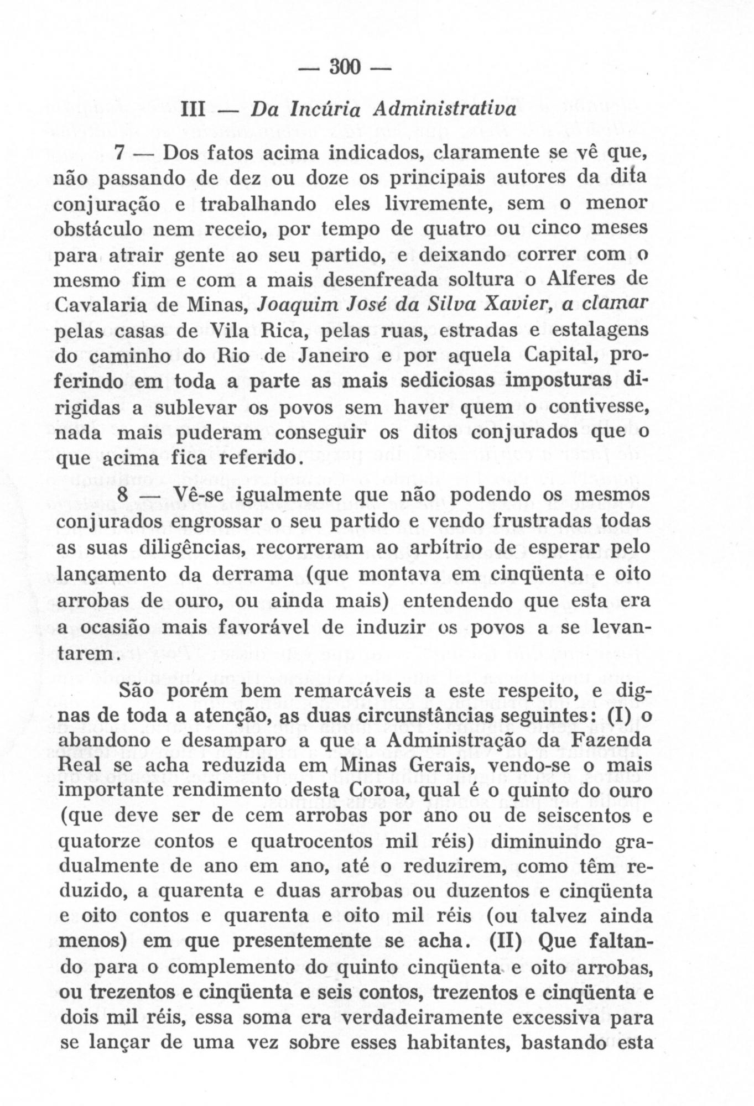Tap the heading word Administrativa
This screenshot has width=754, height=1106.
click(x=444, y=109)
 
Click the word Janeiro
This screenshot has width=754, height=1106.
click(x=323, y=356)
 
